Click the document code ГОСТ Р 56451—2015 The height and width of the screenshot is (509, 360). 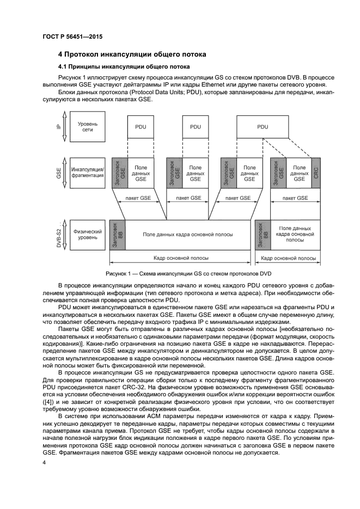[x=72, y=36]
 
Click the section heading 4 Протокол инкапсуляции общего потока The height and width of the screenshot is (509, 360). [x=132, y=54]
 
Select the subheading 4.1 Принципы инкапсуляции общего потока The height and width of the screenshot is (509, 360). [x=123, y=67]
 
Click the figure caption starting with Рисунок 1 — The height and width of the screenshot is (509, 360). [x=188, y=273]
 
